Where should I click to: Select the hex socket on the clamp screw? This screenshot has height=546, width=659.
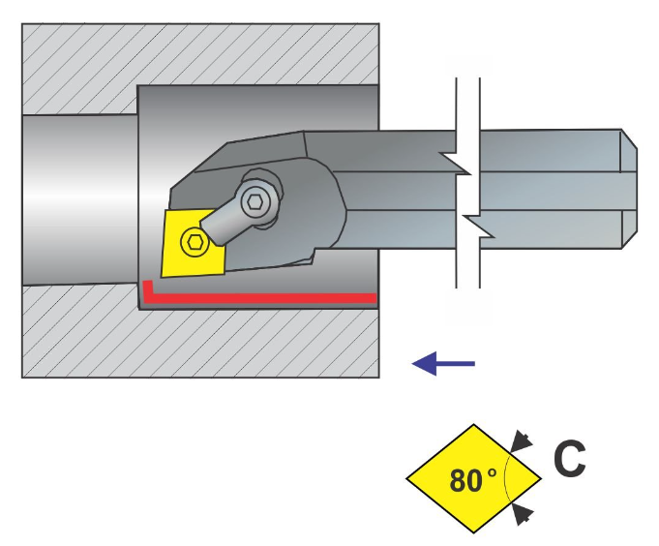click(x=255, y=202)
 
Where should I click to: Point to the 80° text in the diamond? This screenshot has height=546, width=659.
click(x=472, y=479)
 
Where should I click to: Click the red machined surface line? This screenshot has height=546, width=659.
click(x=261, y=296)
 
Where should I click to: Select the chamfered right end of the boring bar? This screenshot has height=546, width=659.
click(x=629, y=188)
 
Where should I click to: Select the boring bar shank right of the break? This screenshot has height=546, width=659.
click(x=552, y=188)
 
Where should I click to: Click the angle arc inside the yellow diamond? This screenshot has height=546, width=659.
click(x=507, y=479)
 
